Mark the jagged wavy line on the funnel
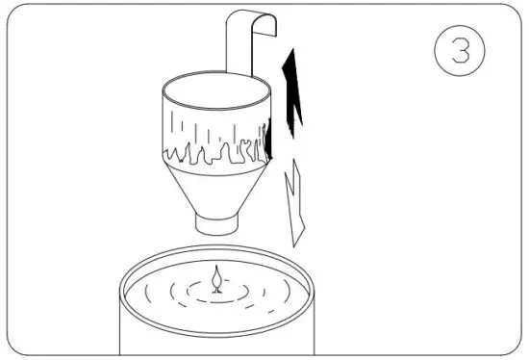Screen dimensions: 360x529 216,152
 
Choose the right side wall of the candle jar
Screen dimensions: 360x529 313,322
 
